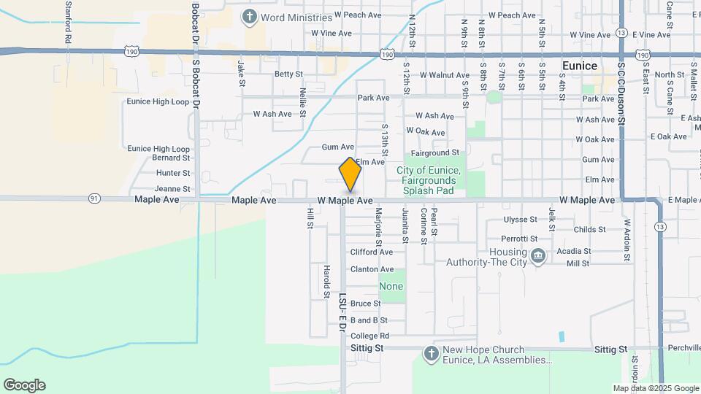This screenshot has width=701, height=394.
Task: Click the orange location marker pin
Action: pyautogui.click(x=350, y=174)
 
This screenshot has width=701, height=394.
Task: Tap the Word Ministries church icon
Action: pyautogui.click(x=250, y=16)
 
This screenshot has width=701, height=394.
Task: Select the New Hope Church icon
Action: pyautogui.click(x=431, y=354)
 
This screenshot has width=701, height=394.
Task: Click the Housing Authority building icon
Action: pyautogui.click(x=538, y=256)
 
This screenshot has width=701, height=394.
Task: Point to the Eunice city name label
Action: pyautogui.click(x=580, y=66)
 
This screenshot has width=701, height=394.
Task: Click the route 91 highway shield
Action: pyautogui.click(x=93, y=198)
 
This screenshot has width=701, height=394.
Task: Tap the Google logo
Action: pyautogui.click(x=24, y=385)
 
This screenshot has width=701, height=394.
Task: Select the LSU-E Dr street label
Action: pyautogui.click(x=342, y=312)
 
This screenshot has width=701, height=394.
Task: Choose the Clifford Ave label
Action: pyautogui.click(x=372, y=252)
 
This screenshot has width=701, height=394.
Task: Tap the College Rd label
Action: pyautogui.click(x=369, y=336)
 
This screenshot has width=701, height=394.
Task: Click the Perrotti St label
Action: pyautogui.click(x=520, y=239)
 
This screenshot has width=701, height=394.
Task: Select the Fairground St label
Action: pyautogui.click(x=434, y=153)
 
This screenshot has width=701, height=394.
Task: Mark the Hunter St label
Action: pyautogui.click(x=173, y=173)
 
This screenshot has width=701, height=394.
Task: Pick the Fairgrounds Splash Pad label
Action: pyautogui.click(x=429, y=181)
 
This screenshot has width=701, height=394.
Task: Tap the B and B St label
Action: pyautogui.click(x=369, y=320)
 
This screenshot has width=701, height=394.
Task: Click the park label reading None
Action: pyautogui.click(x=391, y=287)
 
